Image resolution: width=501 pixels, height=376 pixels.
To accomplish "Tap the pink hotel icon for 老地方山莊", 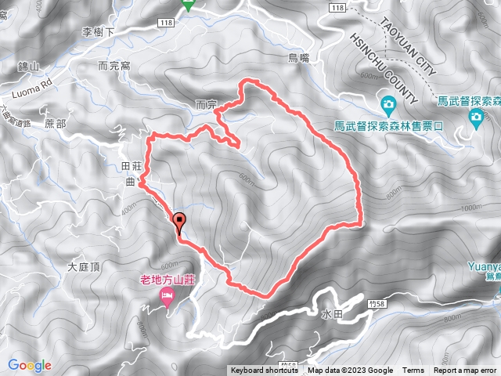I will [x=167, y=295].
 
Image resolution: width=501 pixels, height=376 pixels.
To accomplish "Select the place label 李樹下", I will [x=99, y=33].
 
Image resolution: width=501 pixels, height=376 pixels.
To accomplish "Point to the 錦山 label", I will [x=27, y=69].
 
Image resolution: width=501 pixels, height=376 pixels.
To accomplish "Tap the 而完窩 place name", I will [x=115, y=67].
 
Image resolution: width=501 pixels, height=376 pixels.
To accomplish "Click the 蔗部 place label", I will [x=56, y=124].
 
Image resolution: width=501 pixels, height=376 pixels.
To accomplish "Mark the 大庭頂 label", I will [x=85, y=267].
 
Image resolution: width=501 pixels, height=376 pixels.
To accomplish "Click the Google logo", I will [x=30, y=365].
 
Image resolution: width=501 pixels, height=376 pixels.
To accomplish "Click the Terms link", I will [x=413, y=371].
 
